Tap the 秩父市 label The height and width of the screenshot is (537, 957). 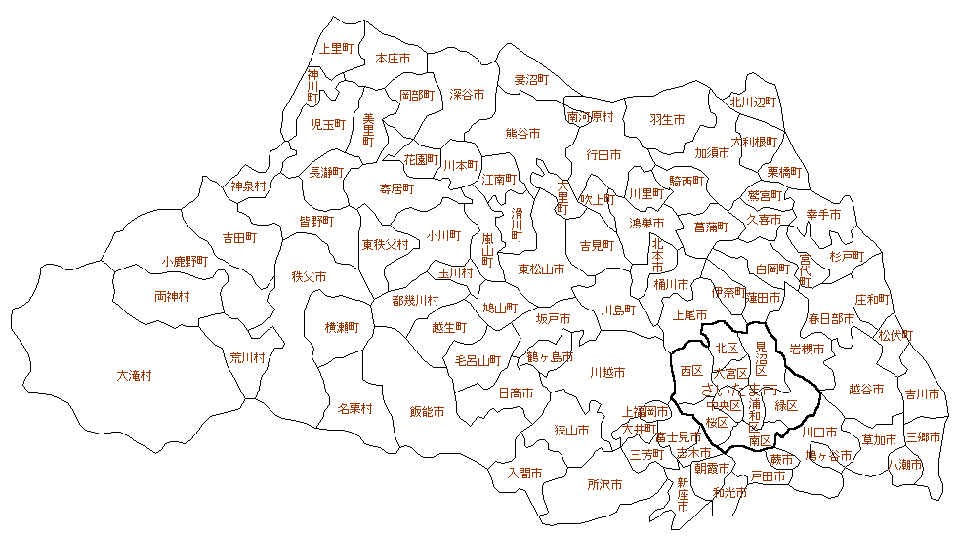pyautogui.click(x=309, y=277)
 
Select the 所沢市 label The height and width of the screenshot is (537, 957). pyautogui.click(x=604, y=484)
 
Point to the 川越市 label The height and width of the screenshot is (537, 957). pyautogui.click(x=607, y=372)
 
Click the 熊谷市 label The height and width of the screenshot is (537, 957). pyautogui.click(x=522, y=134)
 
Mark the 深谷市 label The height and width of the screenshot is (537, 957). pyautogui.click(x=467, y=95)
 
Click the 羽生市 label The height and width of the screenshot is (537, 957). pyautogui.click(x=667, y=119)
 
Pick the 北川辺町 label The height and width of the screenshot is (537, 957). pyautogui.click(x=752, y=102)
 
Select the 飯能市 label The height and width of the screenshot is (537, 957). pyautogui.click(x=427, y=412)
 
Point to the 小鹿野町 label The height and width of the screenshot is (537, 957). pyautogui.click(x=186, y=262)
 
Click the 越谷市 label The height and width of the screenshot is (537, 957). pyautogui.click(x=866, y=389)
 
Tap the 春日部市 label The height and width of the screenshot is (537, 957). pyautogui.click(x=831, y=319)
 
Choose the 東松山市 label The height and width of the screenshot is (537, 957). pyautogui.click(x=541, y=269)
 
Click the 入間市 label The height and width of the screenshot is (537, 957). pyautogui.click(x=524, y=473)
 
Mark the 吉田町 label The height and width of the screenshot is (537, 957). pyautogui.click(x=239, y=237)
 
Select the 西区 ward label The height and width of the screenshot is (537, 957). pyautogui.click(x=691, y=371)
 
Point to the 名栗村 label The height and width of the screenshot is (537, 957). pyautogui.click(x=355, y=408)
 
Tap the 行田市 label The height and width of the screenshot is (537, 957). pyautogui.click(x=603, y=154)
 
